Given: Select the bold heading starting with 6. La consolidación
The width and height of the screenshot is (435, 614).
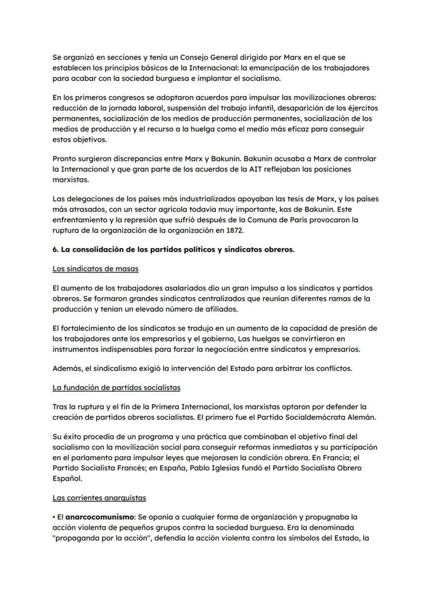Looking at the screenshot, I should [x=173, y=249].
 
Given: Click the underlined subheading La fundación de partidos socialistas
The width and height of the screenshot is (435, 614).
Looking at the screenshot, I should [x=116, y=388].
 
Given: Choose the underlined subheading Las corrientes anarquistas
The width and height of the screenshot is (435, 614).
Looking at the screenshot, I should [x=99, y=497].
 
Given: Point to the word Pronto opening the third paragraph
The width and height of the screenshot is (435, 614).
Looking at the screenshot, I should [x=65, y=159].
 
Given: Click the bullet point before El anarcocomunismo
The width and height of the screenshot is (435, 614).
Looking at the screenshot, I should [x=54, y=517].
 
